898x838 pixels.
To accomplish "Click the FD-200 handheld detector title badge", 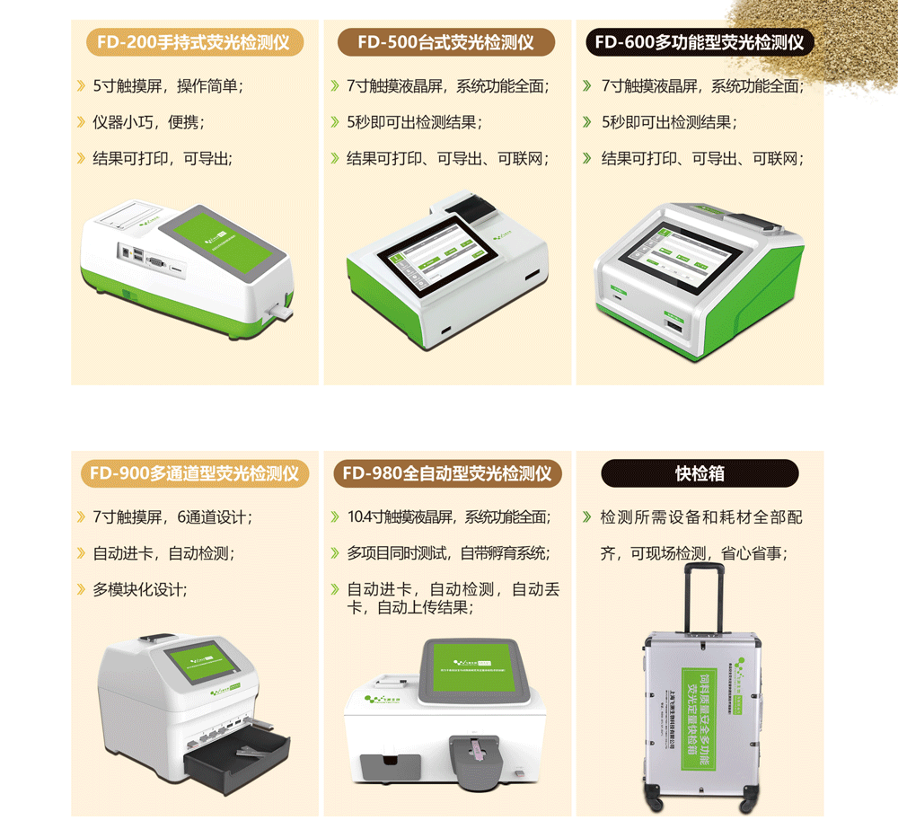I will (194, 42).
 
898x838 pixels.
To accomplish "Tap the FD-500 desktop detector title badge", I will (446, 42).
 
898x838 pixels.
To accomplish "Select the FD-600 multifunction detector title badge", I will (700, 42).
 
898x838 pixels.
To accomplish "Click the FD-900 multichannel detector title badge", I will (194, 473).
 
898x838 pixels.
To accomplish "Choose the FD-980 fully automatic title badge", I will (446, 473).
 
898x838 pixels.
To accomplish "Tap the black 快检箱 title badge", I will (700, 473).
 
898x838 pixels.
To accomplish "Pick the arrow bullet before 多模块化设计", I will (82, 590).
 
